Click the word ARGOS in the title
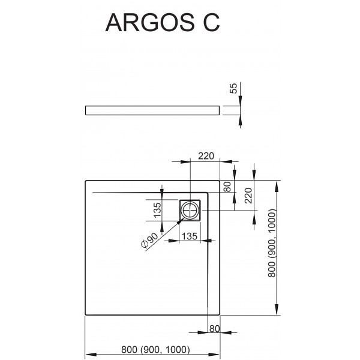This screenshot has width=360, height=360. pos(149,23)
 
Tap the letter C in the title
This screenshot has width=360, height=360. pos(211,23)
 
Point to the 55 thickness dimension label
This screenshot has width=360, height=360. pos(233,88)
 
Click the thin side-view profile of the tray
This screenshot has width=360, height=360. pos(152,110)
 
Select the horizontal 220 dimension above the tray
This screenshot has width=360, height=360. pos(206,156)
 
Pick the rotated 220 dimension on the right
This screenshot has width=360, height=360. pos(248,196)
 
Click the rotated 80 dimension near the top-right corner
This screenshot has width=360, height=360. pos(227,187)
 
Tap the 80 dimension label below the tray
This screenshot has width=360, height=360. pos(214,329)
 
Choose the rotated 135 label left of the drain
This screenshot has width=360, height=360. pos(157,210)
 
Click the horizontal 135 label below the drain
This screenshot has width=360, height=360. pos(190,236)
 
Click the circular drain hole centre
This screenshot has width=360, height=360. pos(190,211)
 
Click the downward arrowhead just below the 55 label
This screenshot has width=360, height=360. pos(240,101)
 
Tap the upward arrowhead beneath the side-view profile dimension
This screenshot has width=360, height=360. pos(240,120)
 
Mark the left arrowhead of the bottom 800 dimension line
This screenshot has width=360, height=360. pos(91,355)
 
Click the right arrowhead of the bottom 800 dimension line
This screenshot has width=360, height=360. pos(214,355)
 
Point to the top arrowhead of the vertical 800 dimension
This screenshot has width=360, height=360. pos(277,187)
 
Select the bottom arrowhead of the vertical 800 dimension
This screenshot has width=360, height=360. pos(277,310)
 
